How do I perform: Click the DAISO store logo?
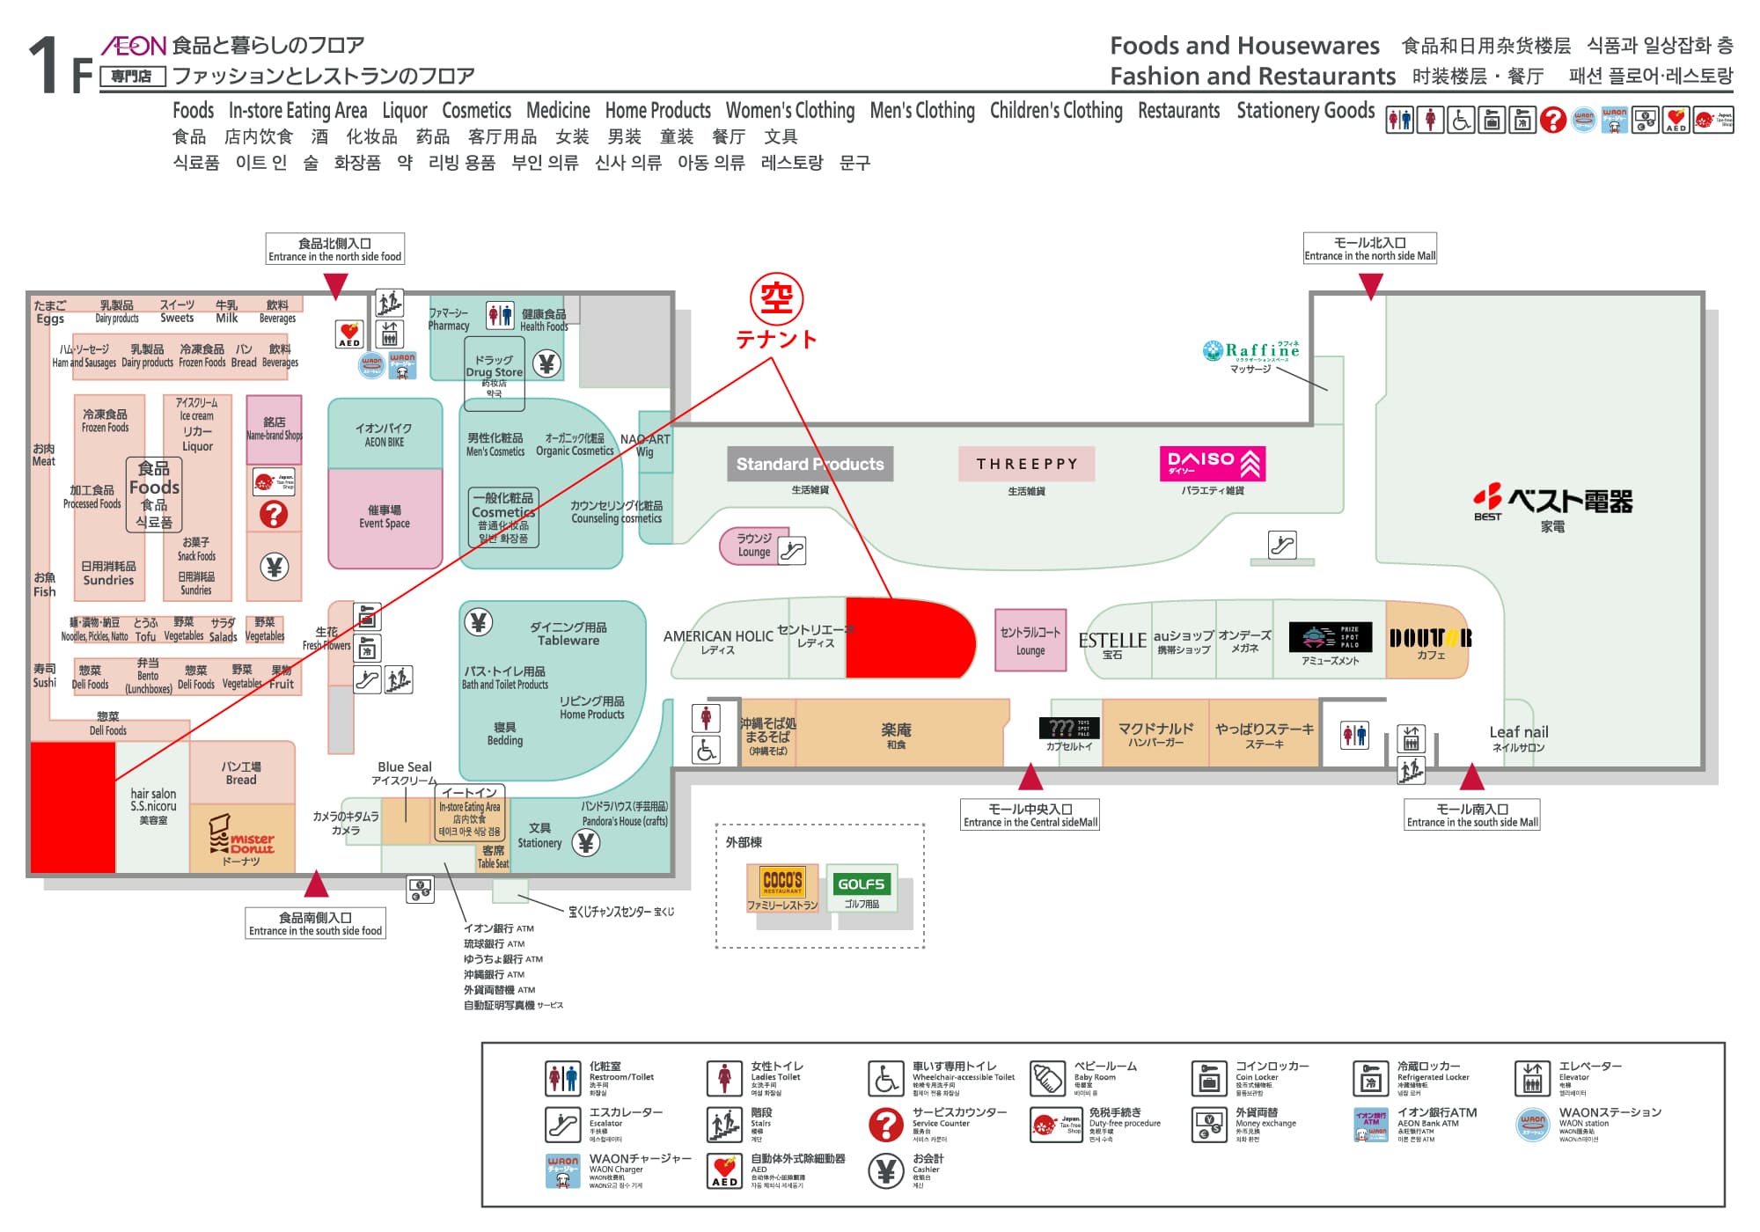[x=1213, y=463]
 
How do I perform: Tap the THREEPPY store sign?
[x=1026, y=464]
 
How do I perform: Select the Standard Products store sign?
[x=810, y=464]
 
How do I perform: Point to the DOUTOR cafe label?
[x=1430, y=639]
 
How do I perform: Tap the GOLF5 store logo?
[x=861, y=884]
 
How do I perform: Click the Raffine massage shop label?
[x=1251, y=351]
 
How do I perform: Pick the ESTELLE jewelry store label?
[x=1112, y=642]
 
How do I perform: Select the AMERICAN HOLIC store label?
[x=718, y=636]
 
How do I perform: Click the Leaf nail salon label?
[x=1518, y=733]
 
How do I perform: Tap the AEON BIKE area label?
[x=384, y=434]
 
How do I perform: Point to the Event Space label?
[x=384, y=517]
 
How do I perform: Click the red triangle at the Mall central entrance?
[x=1030, y=778]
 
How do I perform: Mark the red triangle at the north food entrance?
[x=335, y=285]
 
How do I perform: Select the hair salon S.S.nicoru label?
[x=153, y=800]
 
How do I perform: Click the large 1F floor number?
[x=60, y=66]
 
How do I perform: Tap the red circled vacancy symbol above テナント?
[x=776, y=298]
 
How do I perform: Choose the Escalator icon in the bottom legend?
[x=561, y=1124]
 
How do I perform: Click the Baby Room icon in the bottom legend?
[x=1048, y=1078]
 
